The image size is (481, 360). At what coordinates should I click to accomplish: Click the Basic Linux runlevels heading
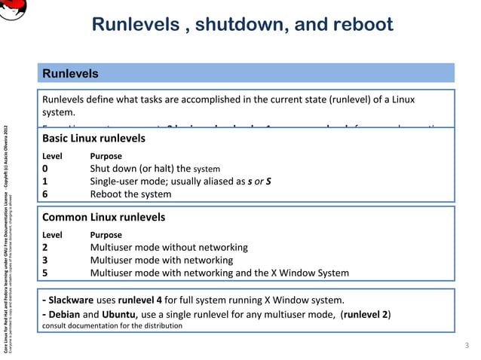[x=93, y=139]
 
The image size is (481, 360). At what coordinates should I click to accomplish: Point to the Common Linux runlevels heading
[x=103, y=218]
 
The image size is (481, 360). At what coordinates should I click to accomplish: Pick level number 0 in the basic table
[x=45, y=168]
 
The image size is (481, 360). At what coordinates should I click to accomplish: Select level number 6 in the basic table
[x=45, y=194]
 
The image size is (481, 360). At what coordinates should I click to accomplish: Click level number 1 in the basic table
[x=45, y=181]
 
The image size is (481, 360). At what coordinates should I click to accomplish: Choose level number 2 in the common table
[x=45, y=247]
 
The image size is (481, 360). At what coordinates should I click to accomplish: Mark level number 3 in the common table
[x=45, y=260]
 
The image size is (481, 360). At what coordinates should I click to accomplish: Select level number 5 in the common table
[x=45, y=273]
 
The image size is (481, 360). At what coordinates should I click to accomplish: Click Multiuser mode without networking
[x=169, y=247]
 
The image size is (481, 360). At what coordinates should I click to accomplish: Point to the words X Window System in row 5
[x=307, y=273]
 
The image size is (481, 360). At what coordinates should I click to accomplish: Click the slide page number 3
[x=467, y=345]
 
